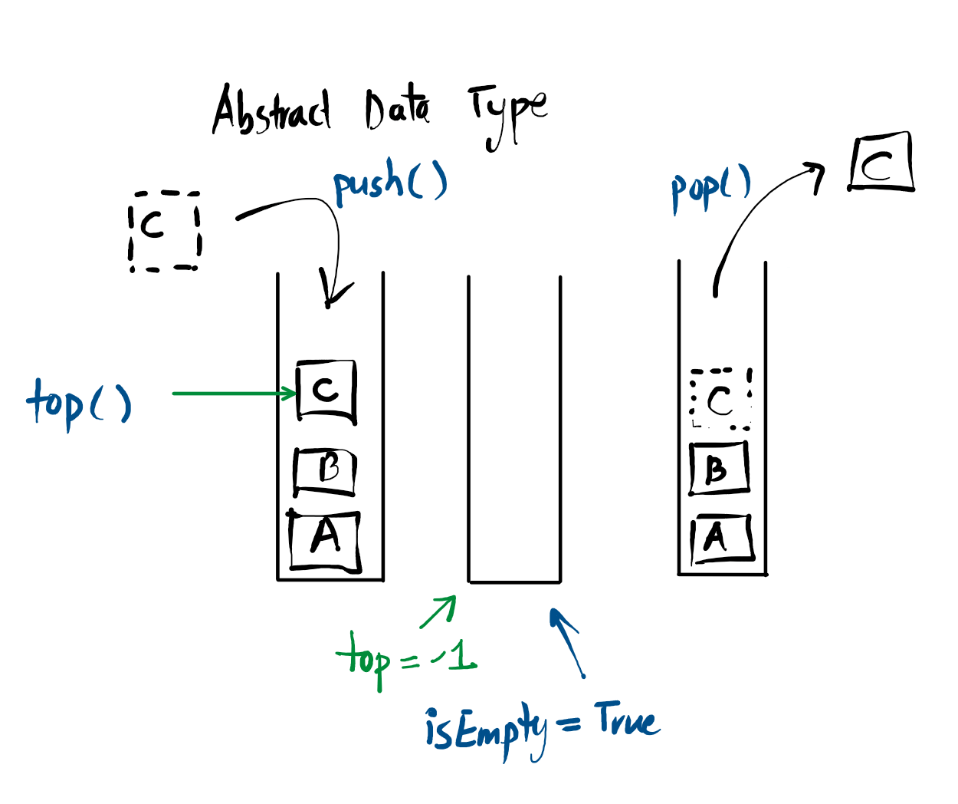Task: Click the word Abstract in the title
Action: pyautogui.click(x=272, y=112)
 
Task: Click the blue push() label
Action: pyautogui.click(x=389, y=184)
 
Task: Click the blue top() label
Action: pyautogui.click(x=79, y=403)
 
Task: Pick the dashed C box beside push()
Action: pyautogui.click(x=164, y=231)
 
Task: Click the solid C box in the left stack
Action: pyautogui.click(x=326, y=390)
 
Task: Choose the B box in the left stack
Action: pyautogui.click(x=325, y=470)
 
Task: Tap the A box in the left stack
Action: pyautogui.click(x=325, y=540)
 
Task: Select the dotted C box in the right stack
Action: pyautogui.click(x=720, y=399)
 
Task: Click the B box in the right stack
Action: pyautogui.click(x=718, y=468)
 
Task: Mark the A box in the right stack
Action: pyautogui.click(x=720, y=538)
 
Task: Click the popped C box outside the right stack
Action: pyautogui.click(x=881, y=162)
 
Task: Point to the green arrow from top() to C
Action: pyautogui.click(x=234, y=394)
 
